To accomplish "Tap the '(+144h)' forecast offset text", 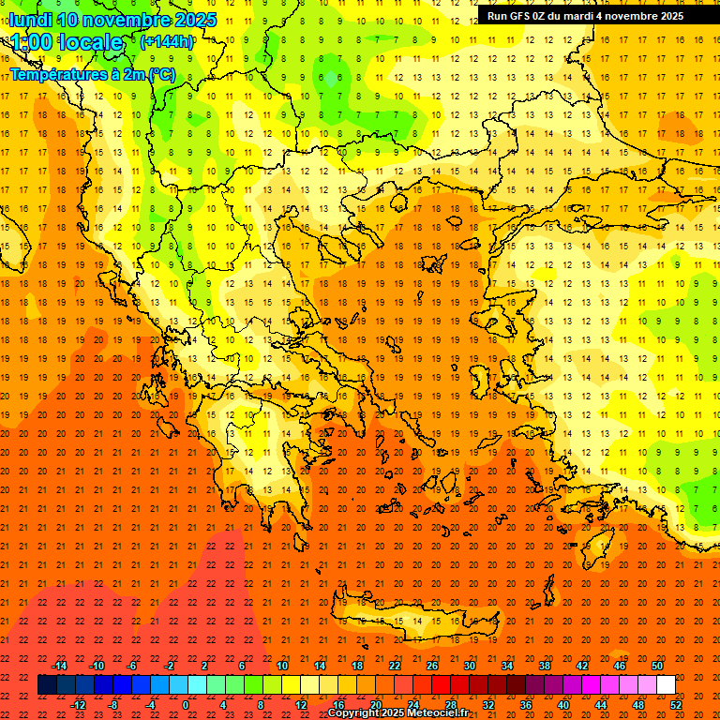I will pyautogui.click(x=167, y=41).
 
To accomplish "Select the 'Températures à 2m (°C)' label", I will pyautogui.click(x=92, y=74).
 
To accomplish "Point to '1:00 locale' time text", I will pyautogui.click(x=67, y=42).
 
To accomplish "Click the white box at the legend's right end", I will pyautogui.click(x=666, y=685).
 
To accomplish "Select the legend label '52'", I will pyautogui.click(x=676, y=705).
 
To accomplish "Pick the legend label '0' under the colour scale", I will pyautogui.click(x=186, y=705).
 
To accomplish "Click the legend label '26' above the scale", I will pyautogui.click(x=432, y=666).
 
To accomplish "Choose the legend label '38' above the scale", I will pyautogui.click(x=545, y=666).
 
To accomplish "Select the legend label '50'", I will pyautogui.click(x=657, y=666).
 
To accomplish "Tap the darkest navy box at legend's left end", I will pyautogui.click(x=47, y=685).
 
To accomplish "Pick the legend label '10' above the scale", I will pyautogui.click(x=282, y=666).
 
